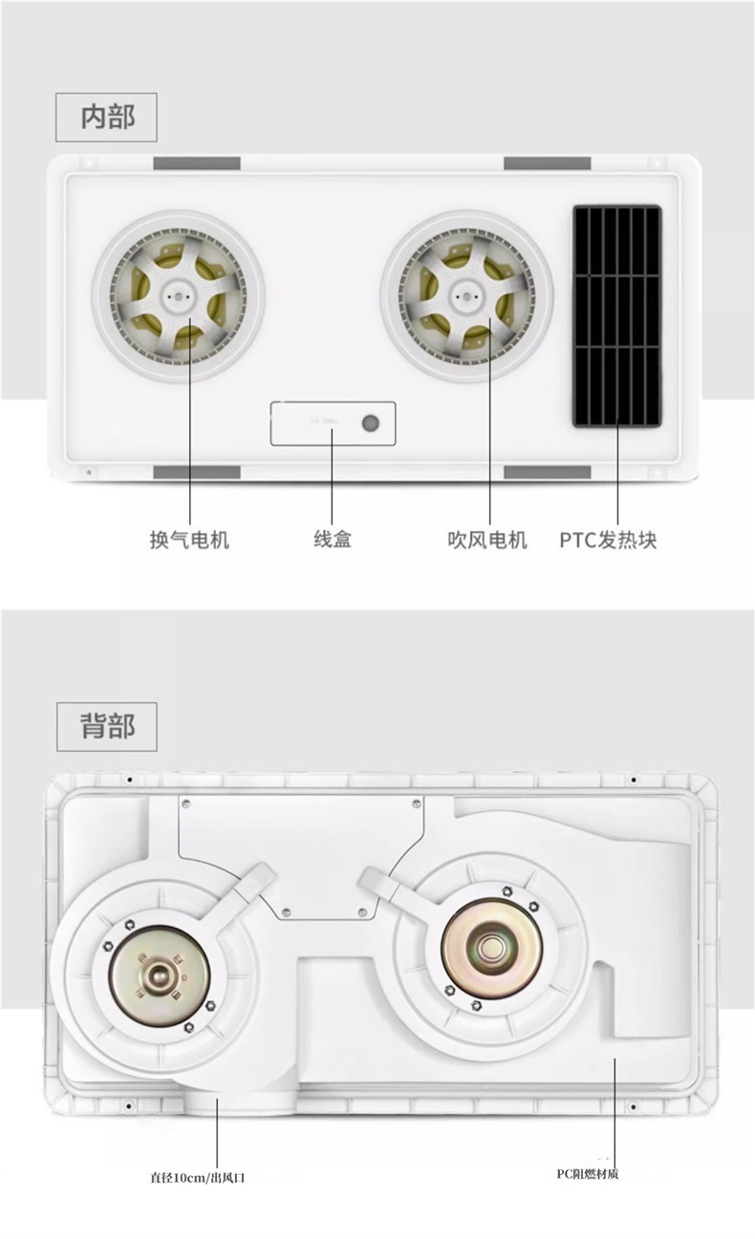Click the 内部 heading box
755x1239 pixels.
pos(106,117)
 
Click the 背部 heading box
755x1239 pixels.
pos(106,727)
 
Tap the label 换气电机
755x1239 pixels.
pos(189,540)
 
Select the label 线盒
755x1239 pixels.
pos(333,539)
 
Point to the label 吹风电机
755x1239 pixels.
pos(487,540)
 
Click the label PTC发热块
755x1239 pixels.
pos(608,540)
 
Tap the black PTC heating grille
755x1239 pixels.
pos(616,316)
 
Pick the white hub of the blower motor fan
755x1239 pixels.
pos(466,295)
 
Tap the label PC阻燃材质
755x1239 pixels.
pos(588,1174)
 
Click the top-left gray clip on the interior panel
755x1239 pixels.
pos(197,163)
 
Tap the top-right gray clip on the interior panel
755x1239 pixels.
pos(547,163)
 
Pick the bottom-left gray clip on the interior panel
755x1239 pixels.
pos(197,473)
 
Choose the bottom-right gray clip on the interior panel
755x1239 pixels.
pos(547,473)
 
